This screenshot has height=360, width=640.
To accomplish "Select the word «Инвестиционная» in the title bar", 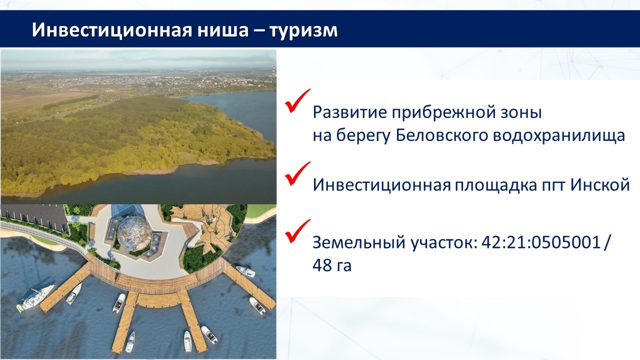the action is tap(112, 29).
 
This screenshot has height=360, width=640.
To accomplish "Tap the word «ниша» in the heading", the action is tap(223, 30).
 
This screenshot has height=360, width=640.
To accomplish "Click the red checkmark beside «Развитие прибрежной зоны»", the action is tap(297, 101).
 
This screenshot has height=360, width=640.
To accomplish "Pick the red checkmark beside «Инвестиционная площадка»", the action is tap(297, 173).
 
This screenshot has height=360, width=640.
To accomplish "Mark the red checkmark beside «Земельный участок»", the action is tap(297, 231).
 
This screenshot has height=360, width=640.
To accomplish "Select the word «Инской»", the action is tap(600, 185).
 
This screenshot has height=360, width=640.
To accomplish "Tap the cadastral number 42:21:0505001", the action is tap(541, 242).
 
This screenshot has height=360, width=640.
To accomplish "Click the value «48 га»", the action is tap(331, 265).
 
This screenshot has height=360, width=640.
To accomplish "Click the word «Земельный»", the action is tap(359, 242).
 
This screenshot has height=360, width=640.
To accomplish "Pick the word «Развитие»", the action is tap(349, 112).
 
